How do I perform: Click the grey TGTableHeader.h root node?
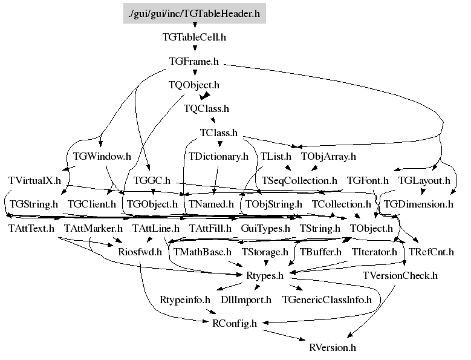[x=195, y=13]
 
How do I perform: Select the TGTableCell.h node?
[x=194, y=37]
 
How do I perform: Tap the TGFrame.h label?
[x=194, y=61]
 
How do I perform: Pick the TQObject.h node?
[x=194, y=85]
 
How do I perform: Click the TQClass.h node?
[x=206, y=109]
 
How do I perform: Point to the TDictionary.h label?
[x=218, y=156]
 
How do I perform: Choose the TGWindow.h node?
[x=102, y=156]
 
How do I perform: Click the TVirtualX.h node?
[x=35, y=180]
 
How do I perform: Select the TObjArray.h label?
[x=328, y=156]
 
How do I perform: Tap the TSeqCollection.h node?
[x=299, y=180]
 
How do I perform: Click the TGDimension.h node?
[x=418, y=204]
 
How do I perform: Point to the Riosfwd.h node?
[x=140, y=252]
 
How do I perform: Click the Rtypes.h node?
[x=265, y=276]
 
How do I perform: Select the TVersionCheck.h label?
[x=400, y=276]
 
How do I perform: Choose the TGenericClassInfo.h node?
[x=326, y=299]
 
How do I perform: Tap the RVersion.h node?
[x=332, y=347]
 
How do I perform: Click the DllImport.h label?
[x=246, y=299]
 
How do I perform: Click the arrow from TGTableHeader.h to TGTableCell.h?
[x=194, y=25]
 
